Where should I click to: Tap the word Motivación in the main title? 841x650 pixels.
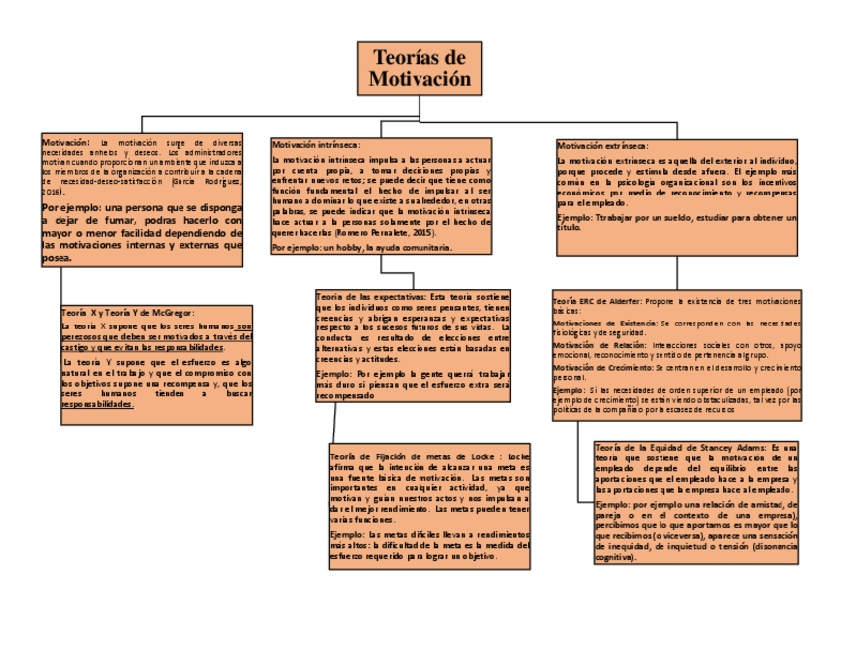point(420,79)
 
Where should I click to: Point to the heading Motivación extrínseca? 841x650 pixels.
point(603,145)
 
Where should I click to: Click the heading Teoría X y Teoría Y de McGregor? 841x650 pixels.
point(128,313)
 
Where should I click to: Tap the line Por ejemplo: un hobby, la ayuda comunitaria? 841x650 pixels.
point(362,247)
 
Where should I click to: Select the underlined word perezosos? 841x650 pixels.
point(82,337)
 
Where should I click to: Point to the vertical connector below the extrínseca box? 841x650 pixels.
point(676,272)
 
